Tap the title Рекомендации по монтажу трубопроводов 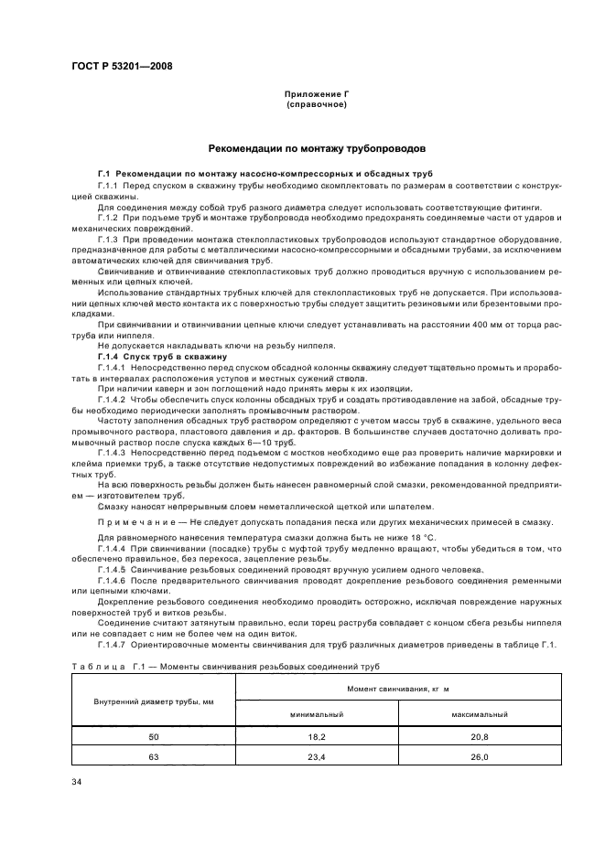(x=316, y=147)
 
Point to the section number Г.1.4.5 (x=113, y=568)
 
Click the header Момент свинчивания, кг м (x=398, y=687)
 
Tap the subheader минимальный (x=317, y=714)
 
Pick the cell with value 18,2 (x=317, y=736)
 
